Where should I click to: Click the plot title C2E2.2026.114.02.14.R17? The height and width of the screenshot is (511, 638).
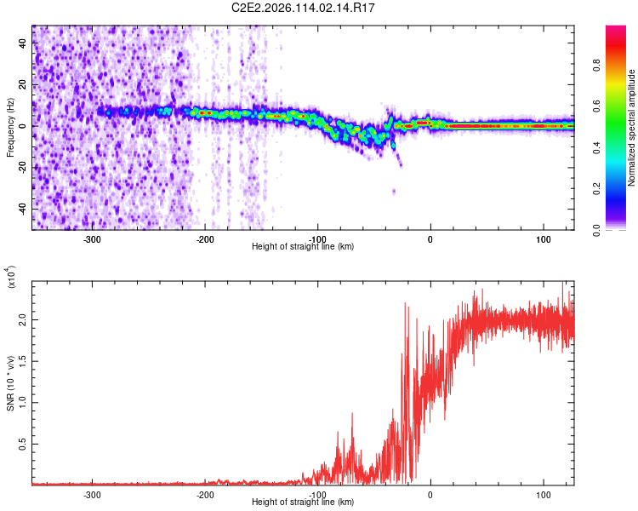[304, 8]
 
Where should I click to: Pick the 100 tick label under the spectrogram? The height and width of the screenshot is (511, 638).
[544, 238]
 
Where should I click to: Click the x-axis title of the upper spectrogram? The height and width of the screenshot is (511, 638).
[303, 247]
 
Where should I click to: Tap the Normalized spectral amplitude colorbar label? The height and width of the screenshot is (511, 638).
[632, 127]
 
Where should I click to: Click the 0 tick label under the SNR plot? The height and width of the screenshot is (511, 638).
[430, 494]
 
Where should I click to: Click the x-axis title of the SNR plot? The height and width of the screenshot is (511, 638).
[303, 502]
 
